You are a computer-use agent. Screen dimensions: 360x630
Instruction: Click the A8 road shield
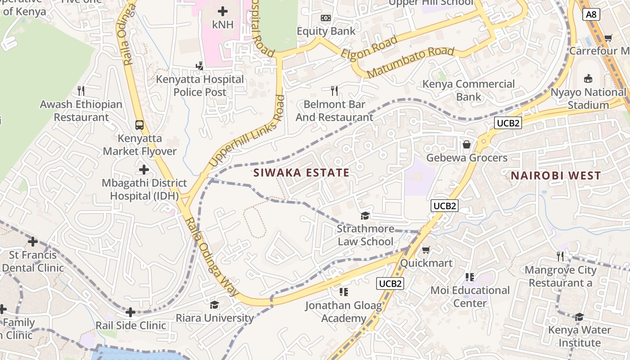tap(591, 14)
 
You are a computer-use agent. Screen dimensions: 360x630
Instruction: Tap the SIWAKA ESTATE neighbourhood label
tap(301, 173)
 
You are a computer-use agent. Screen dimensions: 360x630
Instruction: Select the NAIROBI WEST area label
tap(556, 175)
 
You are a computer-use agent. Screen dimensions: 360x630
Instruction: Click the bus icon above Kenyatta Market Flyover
tap(139, 125)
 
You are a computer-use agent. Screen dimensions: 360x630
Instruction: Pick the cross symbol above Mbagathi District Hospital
tap(144, 170)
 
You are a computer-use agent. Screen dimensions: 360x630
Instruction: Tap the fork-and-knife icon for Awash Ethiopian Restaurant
tap(81, 90)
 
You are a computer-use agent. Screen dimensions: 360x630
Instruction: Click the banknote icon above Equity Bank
tap(326, 18)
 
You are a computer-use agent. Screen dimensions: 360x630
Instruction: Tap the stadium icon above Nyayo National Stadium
tap(588, 79)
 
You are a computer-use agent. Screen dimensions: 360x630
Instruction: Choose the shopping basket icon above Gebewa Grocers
tap(467, 144)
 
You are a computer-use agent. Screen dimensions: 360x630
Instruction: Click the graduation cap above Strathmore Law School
tap(365, 216)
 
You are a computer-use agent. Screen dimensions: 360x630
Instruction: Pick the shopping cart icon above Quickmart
tap(426, 249)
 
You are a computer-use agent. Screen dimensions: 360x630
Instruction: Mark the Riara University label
tap(215, 318)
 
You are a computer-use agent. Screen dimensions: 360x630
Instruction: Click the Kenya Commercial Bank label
tap(468, 90)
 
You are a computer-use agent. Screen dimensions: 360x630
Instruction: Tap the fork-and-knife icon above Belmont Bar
tap(334, 91)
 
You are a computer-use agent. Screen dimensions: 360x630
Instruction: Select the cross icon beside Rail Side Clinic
tap(130, 312)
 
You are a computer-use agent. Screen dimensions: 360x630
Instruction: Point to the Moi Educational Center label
tap(470, 297)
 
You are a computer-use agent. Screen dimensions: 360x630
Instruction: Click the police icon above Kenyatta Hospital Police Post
tap(199, 66)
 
